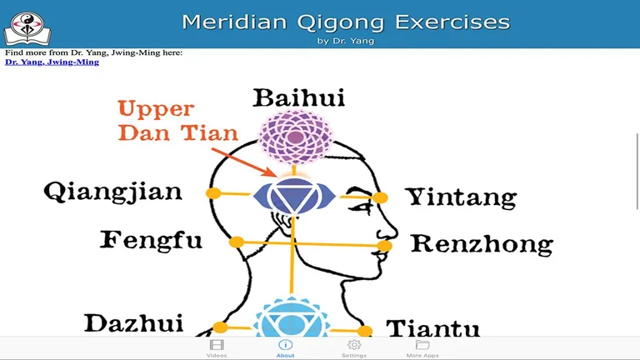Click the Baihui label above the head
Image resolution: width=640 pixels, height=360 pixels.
[x=298, y=99]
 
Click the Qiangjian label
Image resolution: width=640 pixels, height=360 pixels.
[x=112, y=193]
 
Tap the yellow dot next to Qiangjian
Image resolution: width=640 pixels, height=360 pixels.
[x=213, y=193]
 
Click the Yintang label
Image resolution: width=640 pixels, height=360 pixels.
[x=461, y=197]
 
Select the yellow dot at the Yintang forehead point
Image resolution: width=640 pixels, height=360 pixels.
[x=381, y=197]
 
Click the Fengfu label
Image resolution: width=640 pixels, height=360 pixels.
[x=151, y=241]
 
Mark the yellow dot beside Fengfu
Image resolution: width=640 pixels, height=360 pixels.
[x=237, y=242]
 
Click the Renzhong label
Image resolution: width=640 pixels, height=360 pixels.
[x=482, y=244]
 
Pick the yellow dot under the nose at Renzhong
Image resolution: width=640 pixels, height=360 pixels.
[x=386, y=247]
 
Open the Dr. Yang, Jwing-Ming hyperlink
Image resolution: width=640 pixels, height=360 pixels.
[x=52, y=62]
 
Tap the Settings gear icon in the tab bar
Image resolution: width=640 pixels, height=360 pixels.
[x=354, y=345]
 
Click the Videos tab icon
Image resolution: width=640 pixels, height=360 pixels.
[x=217, y=345]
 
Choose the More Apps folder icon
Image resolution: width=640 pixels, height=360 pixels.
[x=422, y=345]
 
